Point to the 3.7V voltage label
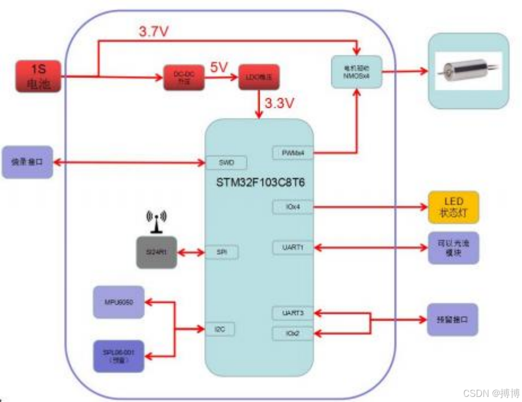[153, 32]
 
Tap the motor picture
[468, 71]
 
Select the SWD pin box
[226, 163]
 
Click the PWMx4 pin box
[292, 152]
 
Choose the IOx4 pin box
[292, 207]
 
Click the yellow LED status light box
[454, 207]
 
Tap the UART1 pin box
[292, 247]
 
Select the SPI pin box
[221, 252]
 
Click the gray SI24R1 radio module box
[156, 252]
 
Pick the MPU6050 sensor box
[119, 302]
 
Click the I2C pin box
[220, 328]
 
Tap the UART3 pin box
[292, 312]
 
